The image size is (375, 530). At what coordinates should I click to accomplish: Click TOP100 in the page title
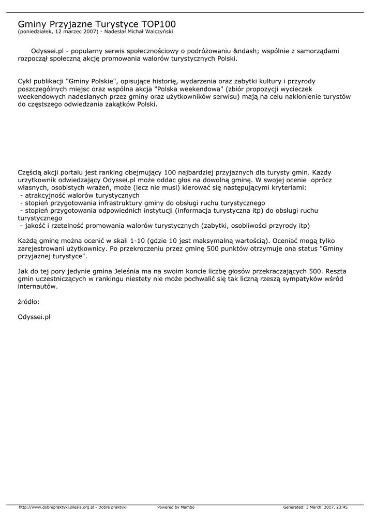tap(158, 24)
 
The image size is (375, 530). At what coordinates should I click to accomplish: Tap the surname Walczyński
tap(157, 32)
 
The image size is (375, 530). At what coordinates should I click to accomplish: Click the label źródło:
tap(28, 301)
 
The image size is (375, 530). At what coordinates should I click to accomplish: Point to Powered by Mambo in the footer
tap(176, 507)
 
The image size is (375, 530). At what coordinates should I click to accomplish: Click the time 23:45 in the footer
tap(341, 507)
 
